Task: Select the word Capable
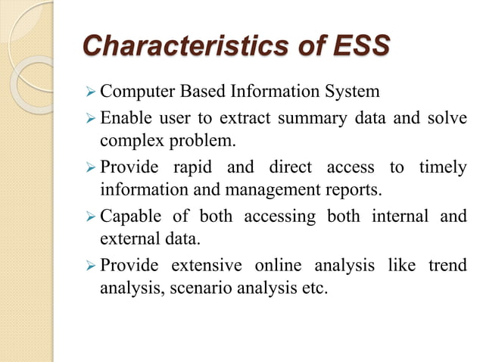(129, 216)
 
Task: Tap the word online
(279, 265)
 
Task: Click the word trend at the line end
(446, 265)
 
